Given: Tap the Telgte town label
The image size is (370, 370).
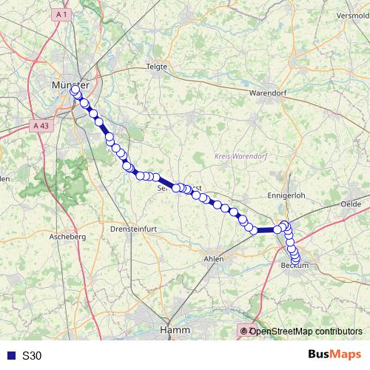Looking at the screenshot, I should [158, 66].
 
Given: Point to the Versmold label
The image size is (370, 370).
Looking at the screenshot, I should [352, 15].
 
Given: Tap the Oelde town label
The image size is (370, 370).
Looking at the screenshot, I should [350, 203].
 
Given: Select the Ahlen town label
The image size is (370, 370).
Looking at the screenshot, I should [213, 259].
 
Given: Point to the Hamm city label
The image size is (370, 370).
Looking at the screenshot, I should [175, 329].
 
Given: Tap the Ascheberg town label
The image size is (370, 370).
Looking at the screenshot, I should [67, 237].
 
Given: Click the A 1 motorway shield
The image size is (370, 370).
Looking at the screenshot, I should [62, 14].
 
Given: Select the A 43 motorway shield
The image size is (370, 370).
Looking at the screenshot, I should [42, 126].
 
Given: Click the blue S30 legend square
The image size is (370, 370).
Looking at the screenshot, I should [9, 355].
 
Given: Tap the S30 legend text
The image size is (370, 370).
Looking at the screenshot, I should [32, 355].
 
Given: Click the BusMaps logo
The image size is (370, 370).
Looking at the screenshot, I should [335, 354].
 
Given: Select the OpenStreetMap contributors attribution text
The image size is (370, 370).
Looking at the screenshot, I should [305, 332].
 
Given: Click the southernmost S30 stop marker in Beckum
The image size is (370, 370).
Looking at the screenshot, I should [297, 260].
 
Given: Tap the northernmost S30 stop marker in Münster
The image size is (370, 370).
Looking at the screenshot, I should [75, 90].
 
